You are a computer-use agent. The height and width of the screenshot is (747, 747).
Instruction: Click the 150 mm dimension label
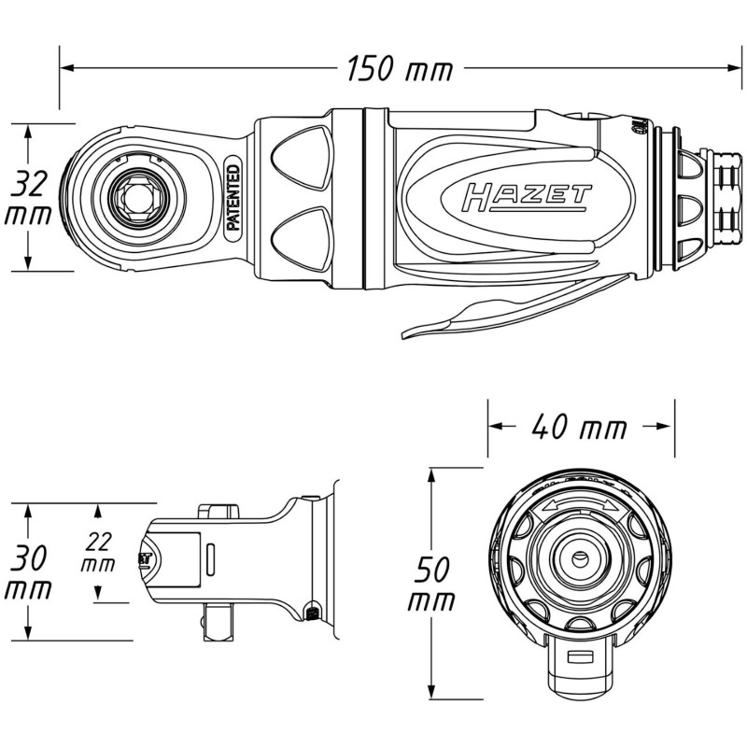pos(399,69)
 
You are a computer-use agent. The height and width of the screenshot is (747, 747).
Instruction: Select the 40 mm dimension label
pos(579,427)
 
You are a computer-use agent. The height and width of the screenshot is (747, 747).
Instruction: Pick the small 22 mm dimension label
pos(98,552)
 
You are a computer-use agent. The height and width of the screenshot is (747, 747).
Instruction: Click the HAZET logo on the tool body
pos(527,197)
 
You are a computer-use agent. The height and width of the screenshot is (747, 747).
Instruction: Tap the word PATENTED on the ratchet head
pos(233,197)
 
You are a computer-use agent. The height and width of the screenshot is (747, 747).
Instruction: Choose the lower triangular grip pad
pos(302,238)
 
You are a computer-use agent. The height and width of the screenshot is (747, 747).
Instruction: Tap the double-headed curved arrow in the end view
pos(580,506)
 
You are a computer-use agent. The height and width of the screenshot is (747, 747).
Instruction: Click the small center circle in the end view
pos(580,557)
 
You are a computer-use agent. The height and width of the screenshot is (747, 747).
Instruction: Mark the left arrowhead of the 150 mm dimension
pos(66,68)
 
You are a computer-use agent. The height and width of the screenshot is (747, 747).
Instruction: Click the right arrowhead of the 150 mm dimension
pos(735,68)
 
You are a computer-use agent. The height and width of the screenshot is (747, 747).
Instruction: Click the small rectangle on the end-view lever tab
pos(580,657)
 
